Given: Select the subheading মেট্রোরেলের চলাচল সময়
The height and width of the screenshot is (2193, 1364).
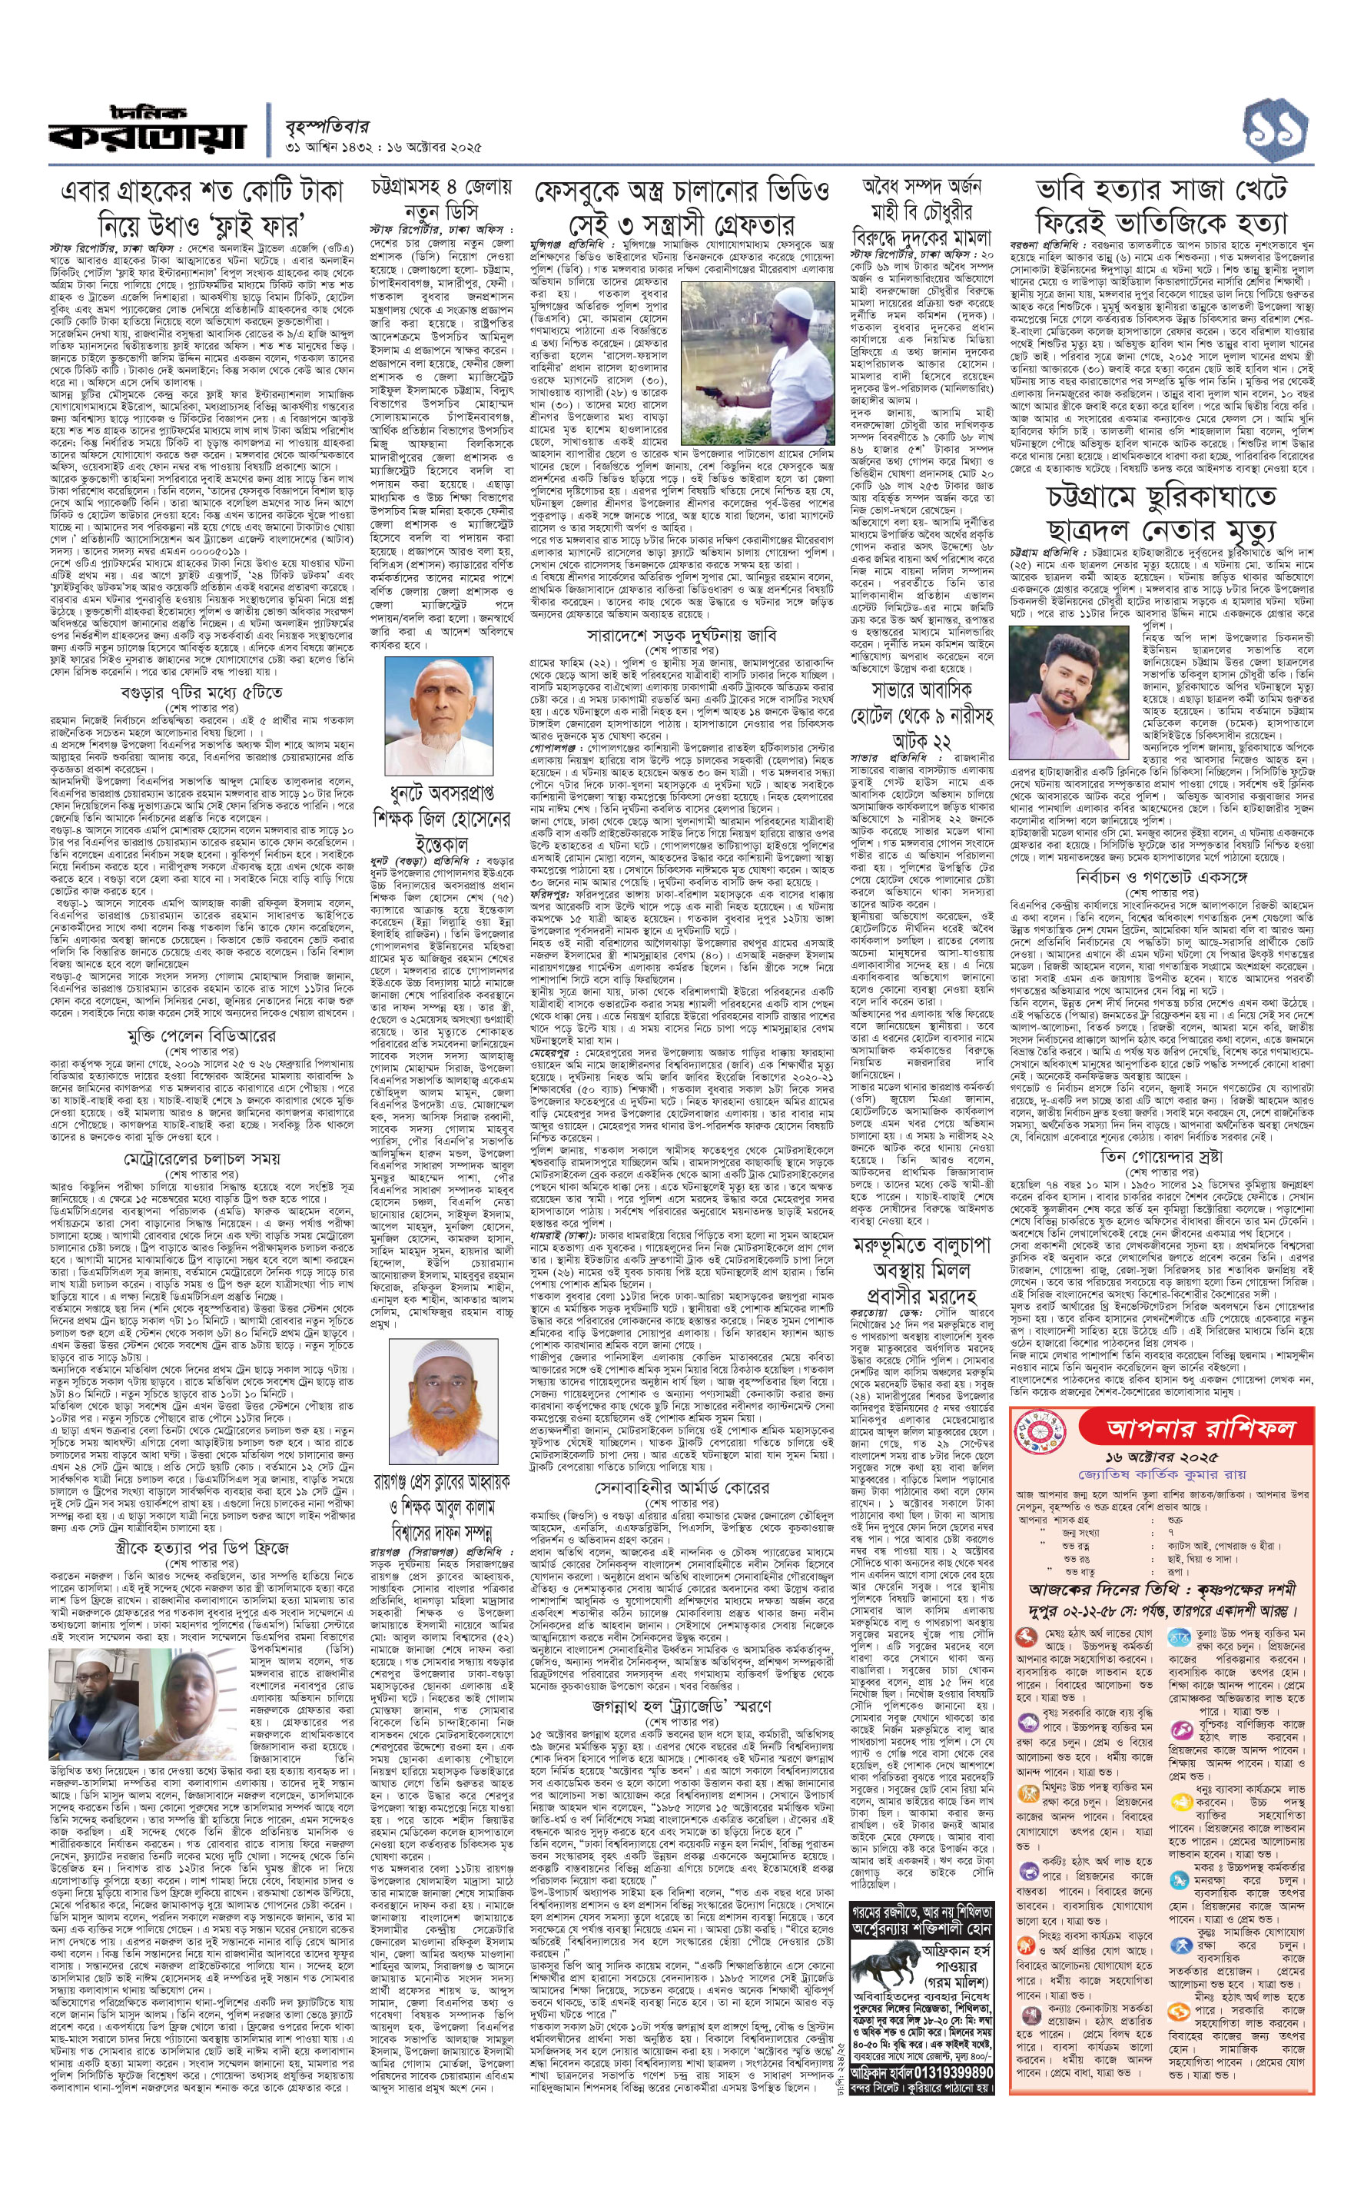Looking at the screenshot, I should (201, 1158).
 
